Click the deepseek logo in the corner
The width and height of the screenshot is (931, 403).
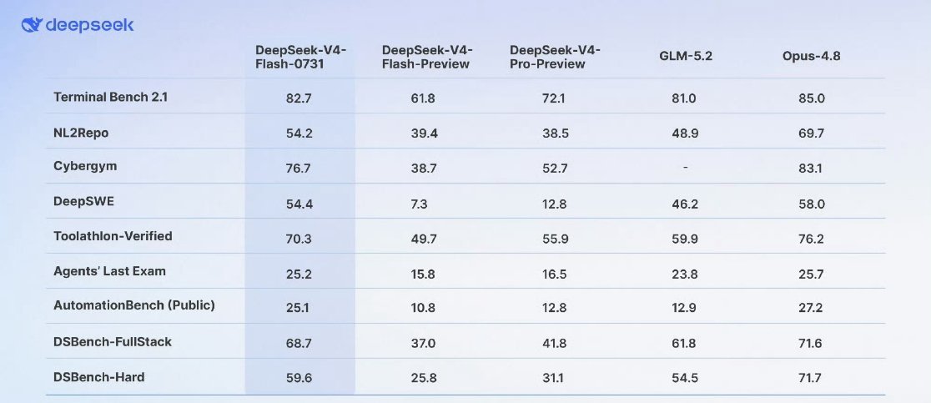pyautogui.click(x=78, y=26)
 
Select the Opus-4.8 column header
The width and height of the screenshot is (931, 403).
pyautogui.click(x=811, y=57)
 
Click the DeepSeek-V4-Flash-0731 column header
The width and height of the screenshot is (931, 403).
pyautogui.click(x=300, y=57)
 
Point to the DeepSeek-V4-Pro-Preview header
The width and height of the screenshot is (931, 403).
pyautogui.click(x=555, y=57)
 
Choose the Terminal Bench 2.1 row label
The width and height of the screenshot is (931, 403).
pyautogui.click(x=110, y=97)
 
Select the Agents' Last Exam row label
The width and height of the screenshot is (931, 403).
pyautogui.click(x=110, y=271)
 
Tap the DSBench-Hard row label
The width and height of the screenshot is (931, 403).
pyautogui.click(x=98, y=377)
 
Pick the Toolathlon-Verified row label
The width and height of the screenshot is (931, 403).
pyautogui.click(x=113, y=236)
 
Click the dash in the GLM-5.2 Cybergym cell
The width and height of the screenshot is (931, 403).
pyautogui.click(x=685, y=168)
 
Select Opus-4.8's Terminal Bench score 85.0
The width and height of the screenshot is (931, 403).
pyautogui.click(x=812, y=98)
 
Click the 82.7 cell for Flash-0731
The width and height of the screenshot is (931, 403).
pyautogui.click(x=299, y=98)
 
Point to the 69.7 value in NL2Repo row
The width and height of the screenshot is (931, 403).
pyautogui.click(x=812, y=133)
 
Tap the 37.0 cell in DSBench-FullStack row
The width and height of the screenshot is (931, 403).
pyautogui.click(x=423, y=344)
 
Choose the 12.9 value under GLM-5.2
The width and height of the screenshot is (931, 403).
pyautogui.click(x=684, y=309)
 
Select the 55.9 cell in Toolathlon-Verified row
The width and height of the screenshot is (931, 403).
pyautogui.click(x=556, y=239)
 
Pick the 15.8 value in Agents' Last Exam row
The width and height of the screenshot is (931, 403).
pyautogui.click(x=423, y=274)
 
